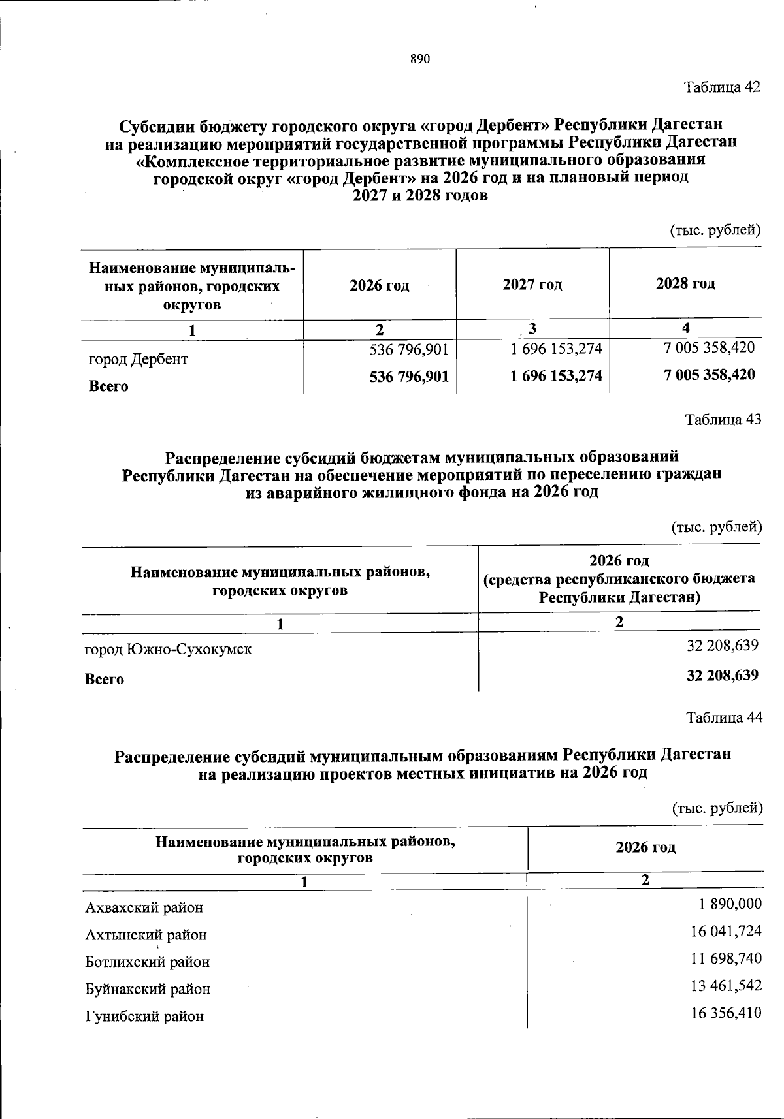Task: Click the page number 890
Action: [x=420, y=59]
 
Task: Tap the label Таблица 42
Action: [x=723, y=87]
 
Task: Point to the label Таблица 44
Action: [x=724, y=717]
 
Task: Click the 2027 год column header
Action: [x=532, y=285]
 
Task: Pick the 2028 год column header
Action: [x=685, y=283]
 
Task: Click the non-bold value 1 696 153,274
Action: [x=556, y=349]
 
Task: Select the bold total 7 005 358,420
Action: [x=709, y=375]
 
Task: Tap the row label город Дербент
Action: [x=138, y=359]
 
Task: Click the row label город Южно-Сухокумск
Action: [x=169, y=650]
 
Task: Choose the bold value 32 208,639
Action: [x=723, y=675]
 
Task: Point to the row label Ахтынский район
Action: [x=146, y=935]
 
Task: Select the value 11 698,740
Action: [x=726, y=958]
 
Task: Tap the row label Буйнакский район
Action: [x=148, y=989]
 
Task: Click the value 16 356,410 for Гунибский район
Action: [x=726, y=1013]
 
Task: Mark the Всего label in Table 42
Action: [x=108, y=386]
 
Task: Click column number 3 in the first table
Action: [x=532, y=329]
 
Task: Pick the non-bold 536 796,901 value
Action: [x=409, y=349]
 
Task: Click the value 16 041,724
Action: [x=726, y=931]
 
